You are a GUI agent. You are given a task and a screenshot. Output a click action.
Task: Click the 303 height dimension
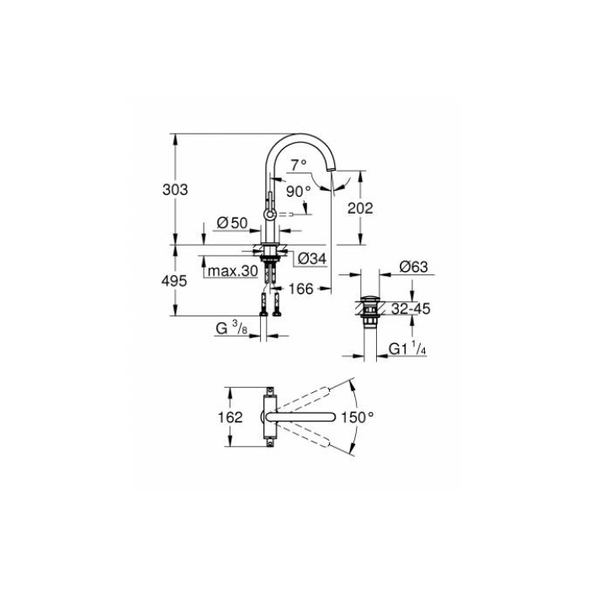pos(174,190)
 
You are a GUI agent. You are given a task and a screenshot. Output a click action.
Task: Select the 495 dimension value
pos(174,281)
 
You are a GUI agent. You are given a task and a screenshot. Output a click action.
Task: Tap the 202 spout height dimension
pos(359,208)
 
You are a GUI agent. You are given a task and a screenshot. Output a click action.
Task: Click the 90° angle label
pos(297,191)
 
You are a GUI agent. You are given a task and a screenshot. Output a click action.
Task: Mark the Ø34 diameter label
pos(312,258)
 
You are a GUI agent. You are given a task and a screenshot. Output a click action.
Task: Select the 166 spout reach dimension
pos(300,289)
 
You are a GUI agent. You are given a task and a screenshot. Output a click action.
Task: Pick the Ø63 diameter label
pos(414,267)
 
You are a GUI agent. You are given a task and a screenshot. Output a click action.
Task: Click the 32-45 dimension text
pos(411,309)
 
